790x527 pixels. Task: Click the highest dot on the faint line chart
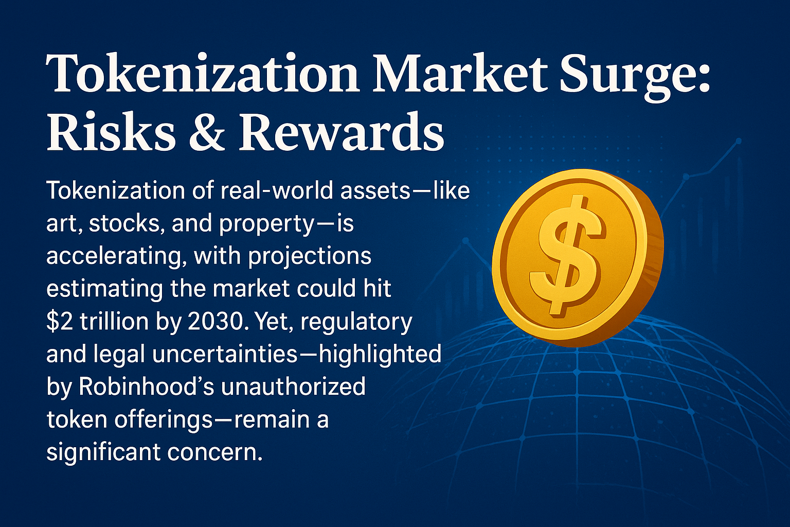coord(739,141)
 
